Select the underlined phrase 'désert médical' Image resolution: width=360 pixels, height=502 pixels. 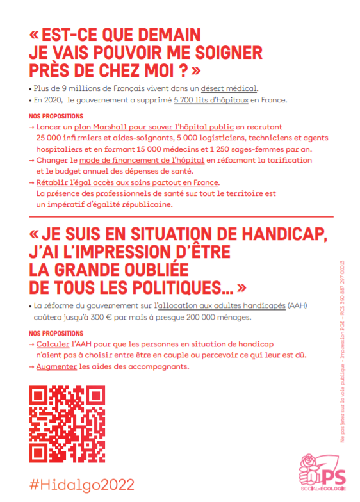coord(230,88)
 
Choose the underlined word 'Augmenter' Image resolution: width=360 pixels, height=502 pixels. coord(56,367)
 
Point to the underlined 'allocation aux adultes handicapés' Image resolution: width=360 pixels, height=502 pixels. coord(222,306)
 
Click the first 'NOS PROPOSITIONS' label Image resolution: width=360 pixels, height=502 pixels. coord(56,117)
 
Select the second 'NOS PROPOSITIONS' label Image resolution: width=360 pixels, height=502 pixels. coord(56,334)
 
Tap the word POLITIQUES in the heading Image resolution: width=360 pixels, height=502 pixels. coord(161,282)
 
